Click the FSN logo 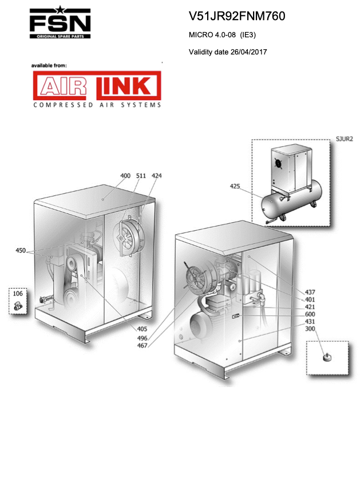coord(60,22)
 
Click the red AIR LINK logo coord(97,85)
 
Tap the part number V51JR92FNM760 coord(237,16)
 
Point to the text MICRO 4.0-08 coord(212,34)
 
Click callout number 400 coord(125,176)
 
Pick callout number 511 coord(141,176)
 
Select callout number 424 coord(156,176)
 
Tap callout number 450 coord(21,250)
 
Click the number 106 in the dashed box coord(18,294)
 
